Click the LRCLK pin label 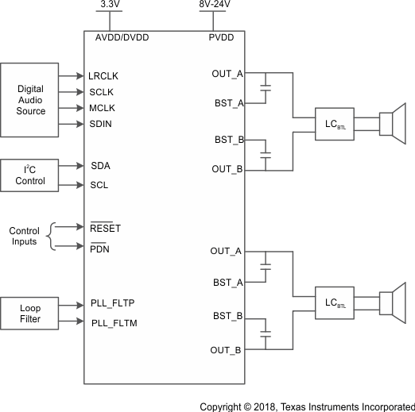pos(104,76)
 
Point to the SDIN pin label pos(102,124)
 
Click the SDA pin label pos(100,166)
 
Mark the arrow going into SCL pos(80,185)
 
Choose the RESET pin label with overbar pos(106,229)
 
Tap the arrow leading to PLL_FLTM pos(80,322)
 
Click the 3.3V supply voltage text pos(109,5)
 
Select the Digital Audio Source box pos(31,100)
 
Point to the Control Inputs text pos(24,237)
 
